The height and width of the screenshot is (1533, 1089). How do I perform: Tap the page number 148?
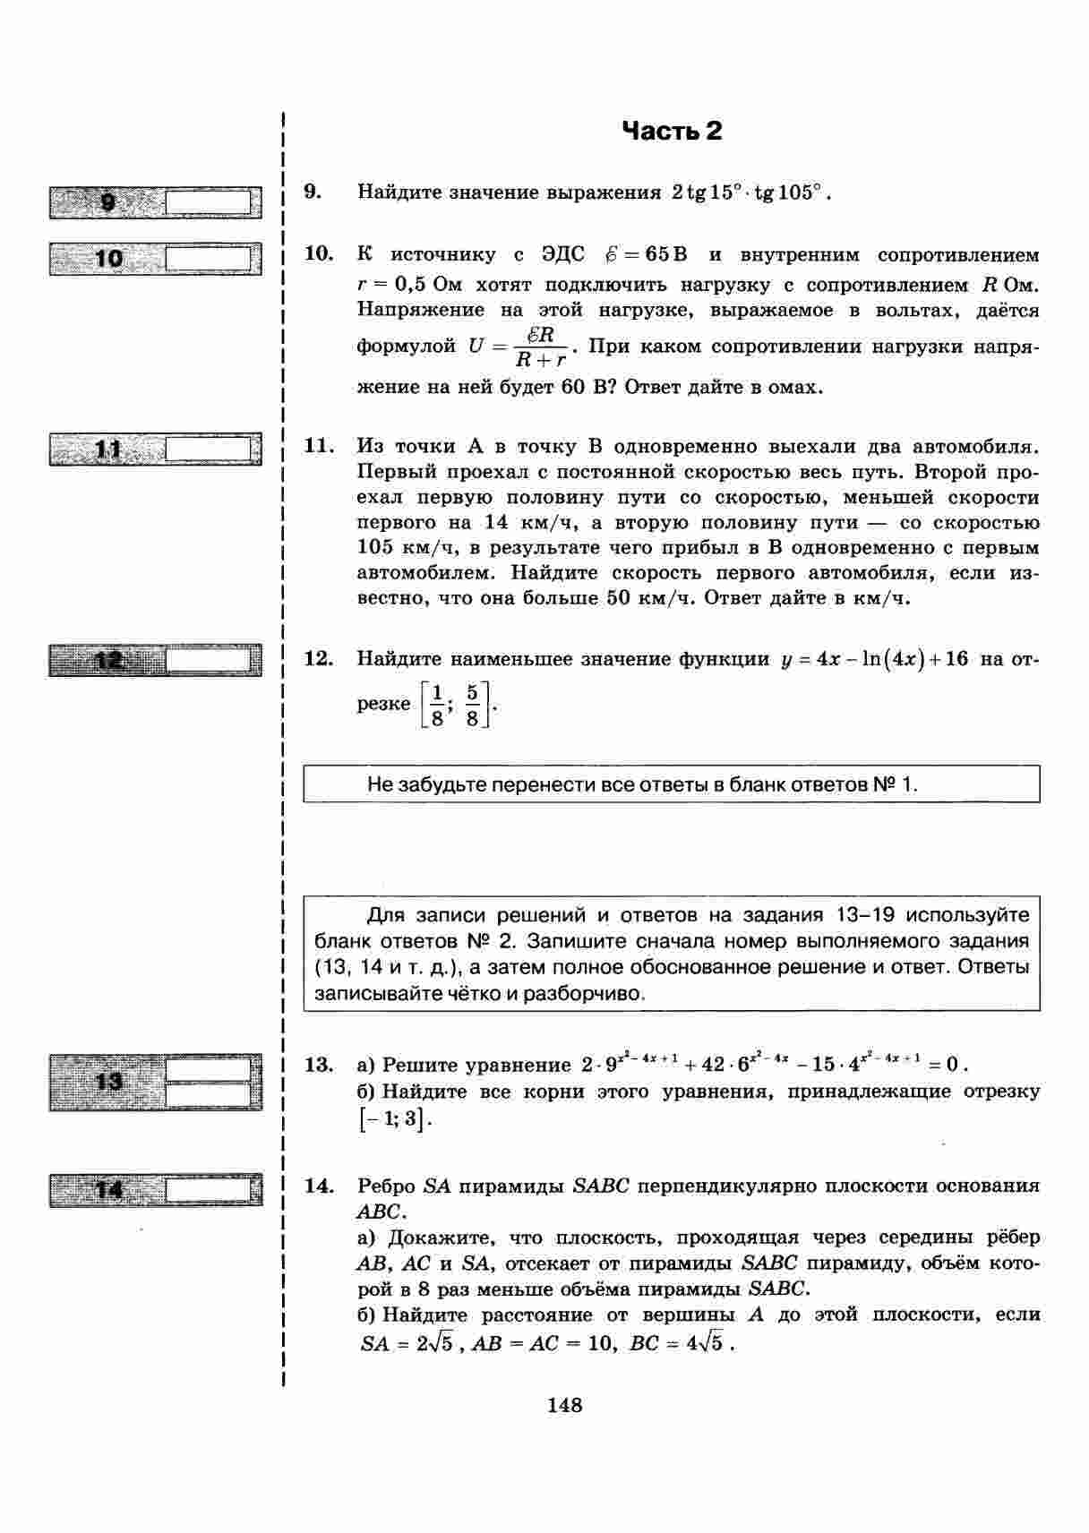[564, 1405]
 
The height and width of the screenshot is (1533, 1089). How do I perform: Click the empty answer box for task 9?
[209, 202]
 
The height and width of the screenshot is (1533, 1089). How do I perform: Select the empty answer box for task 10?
[209, 260]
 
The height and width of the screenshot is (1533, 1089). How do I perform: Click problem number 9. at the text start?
[313, 192]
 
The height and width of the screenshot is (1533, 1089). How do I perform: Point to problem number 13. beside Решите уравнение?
[319, 1065]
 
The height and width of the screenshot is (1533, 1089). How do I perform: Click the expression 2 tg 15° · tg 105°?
[746, 193]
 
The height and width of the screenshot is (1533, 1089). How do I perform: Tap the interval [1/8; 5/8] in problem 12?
[456, 705]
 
